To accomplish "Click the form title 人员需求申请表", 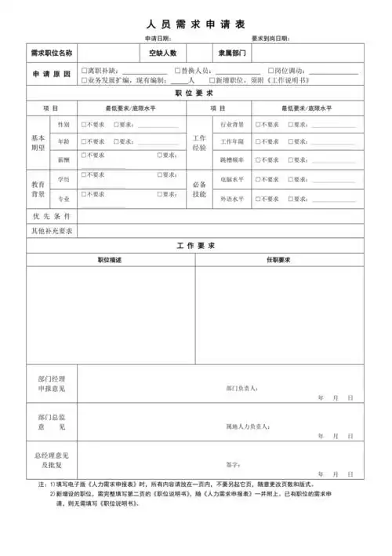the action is pos(195,24).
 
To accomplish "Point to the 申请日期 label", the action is pos(158,38).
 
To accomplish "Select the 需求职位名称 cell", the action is pos(52,53).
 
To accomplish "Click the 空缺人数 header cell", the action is pos(163,53).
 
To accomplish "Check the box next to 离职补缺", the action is pos(85,71).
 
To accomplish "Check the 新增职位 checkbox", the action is pos(210,81).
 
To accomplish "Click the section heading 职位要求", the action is pos(195,93).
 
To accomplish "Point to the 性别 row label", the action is pos(64,125).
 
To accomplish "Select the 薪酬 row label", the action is pos(64,159).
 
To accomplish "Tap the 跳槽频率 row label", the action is pos(232,159).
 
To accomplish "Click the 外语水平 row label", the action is pos(232,199).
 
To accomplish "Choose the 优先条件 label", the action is pos(52,215).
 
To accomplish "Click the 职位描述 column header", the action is pos(110,259).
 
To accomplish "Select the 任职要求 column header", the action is pos(278,259).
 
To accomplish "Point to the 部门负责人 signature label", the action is pos(241,388).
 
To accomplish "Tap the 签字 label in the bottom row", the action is pos(231,464).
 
